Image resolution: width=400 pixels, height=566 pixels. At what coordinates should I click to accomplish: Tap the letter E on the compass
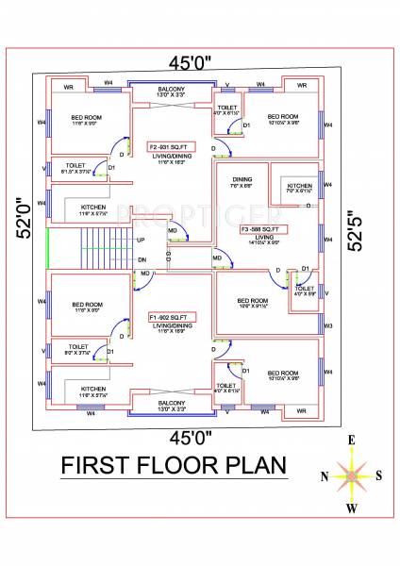351,441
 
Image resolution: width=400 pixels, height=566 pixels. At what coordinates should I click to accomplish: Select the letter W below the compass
351,509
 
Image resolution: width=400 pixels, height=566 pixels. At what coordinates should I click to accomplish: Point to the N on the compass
325,476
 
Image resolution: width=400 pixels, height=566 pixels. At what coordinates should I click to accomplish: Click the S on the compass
378,476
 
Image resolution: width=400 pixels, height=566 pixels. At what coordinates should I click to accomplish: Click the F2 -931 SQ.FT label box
171,146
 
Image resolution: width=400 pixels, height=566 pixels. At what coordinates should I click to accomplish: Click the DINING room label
242,178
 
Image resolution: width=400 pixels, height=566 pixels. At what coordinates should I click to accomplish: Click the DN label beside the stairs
142,258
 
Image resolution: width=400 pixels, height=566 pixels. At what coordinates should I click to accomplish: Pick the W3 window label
328,326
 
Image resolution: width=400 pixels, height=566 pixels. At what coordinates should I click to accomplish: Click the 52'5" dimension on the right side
353,229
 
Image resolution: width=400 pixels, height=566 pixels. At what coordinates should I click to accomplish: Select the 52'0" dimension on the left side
16,217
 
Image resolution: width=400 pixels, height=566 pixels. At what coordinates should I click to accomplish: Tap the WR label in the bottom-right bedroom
300,411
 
